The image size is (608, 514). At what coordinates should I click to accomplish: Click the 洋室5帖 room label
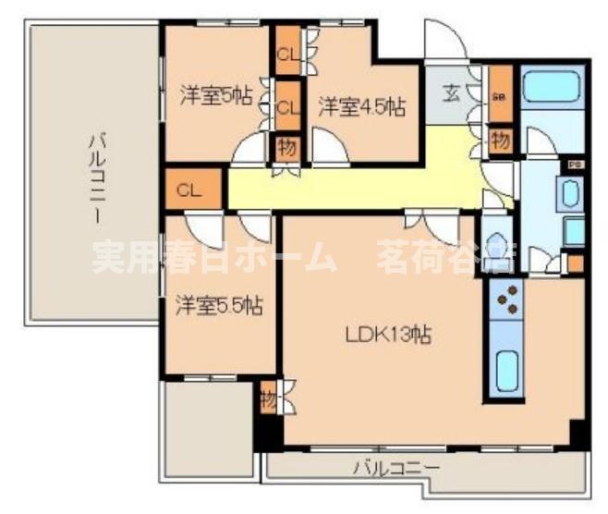(x=214, y=95)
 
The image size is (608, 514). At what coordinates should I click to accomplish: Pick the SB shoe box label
(x=500, y=96)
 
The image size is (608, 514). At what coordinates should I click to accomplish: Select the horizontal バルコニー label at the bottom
(x=396, y=469)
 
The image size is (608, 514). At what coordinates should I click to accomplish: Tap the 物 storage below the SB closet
(x=500, y=141)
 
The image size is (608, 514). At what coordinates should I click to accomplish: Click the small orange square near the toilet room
(x=576, y=263)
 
